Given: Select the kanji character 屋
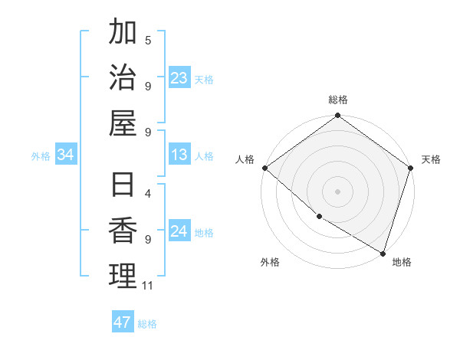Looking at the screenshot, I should point(123,123).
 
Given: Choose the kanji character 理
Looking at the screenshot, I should point(123,277).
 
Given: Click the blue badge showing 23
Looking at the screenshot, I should point(179,78).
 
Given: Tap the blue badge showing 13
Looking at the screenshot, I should point(179,155).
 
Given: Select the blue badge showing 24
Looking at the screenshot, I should point(179,232).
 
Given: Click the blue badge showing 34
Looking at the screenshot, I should point(66,155).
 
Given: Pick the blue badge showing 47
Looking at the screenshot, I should point(123,322).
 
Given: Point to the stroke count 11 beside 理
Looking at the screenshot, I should point(148,286).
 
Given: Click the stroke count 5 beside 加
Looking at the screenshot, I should point(148,40).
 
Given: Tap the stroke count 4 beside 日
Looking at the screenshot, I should point(148,194).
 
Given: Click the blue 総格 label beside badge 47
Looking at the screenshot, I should point(148,324).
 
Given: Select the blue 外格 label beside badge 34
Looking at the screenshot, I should point(41,156).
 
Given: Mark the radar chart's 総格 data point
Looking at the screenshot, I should point(337,116).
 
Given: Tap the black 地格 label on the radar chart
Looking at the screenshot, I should point(402,262).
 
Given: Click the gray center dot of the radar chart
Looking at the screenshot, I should point(337,191).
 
